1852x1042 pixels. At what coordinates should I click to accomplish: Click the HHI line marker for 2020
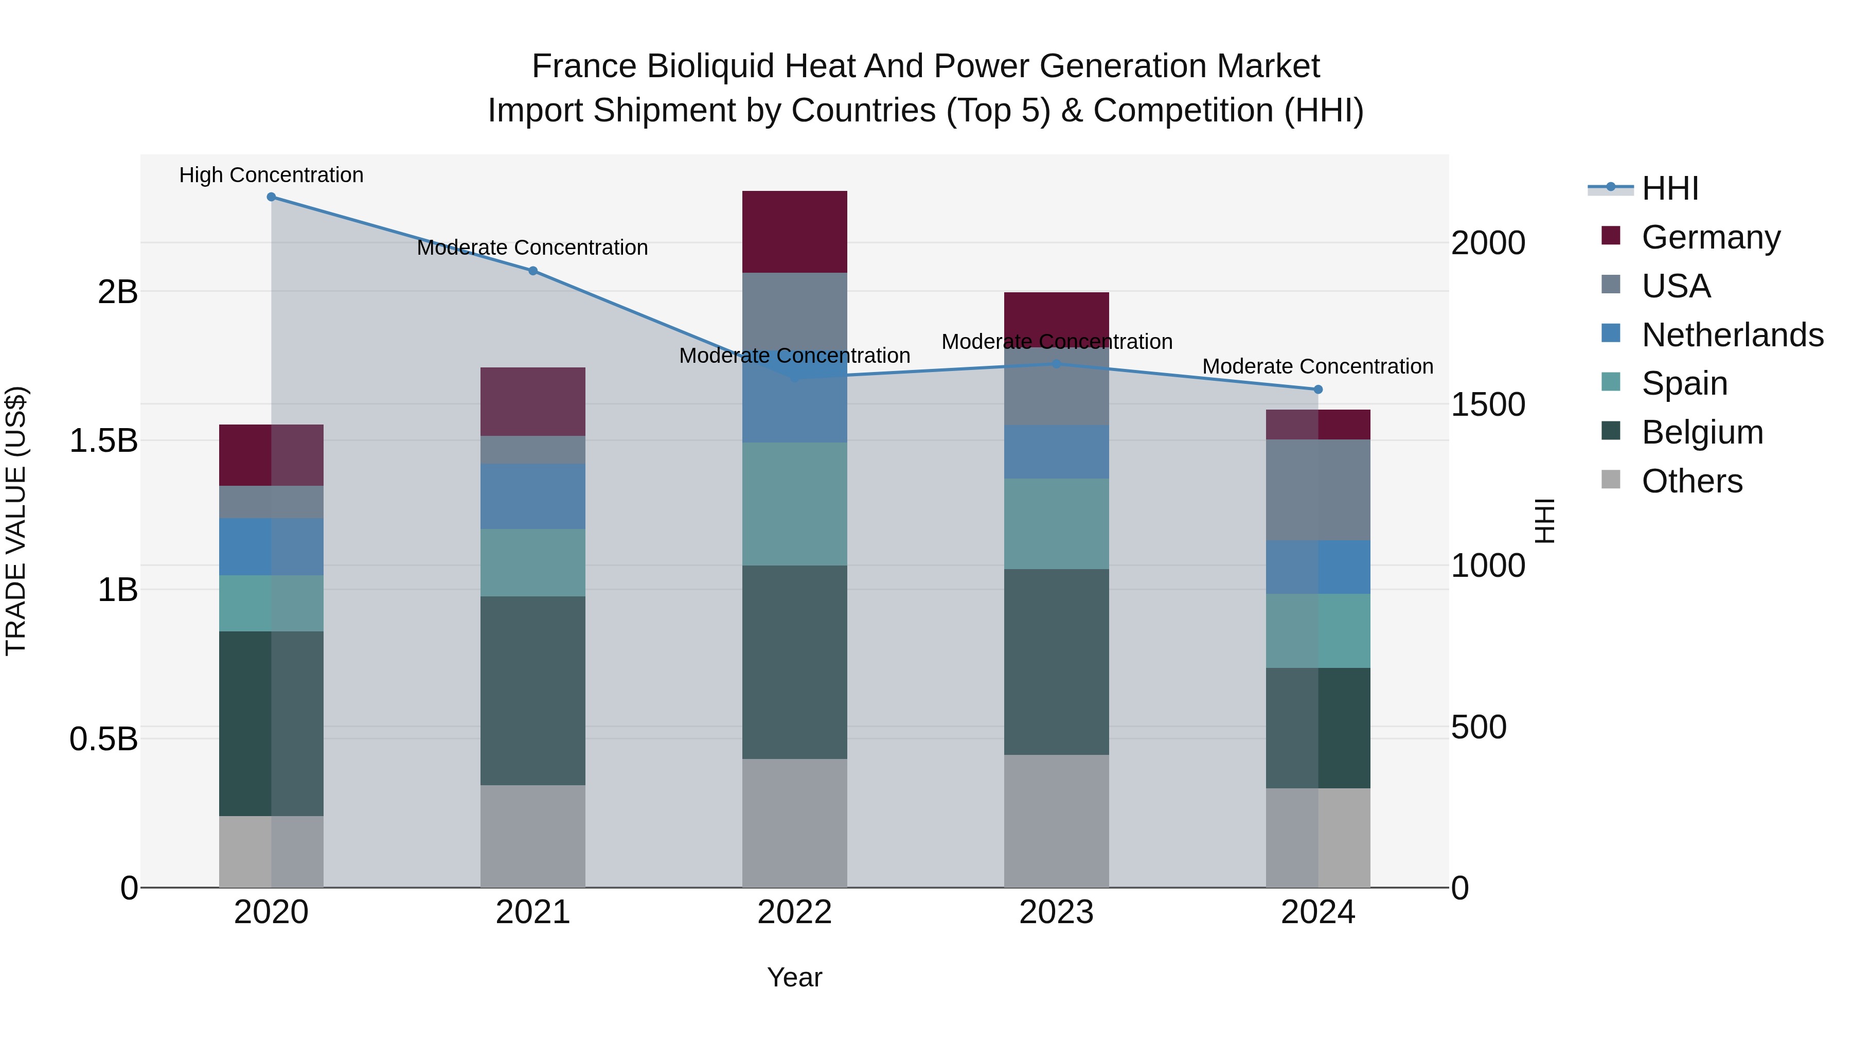coord(271,197)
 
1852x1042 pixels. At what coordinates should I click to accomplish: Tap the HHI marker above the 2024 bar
coord(1318,390)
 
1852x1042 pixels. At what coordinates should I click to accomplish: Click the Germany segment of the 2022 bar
coord(794,232)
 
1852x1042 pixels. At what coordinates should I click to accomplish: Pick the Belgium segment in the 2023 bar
coord(1056,662)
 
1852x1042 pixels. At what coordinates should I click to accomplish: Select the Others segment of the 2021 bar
coord(533,836)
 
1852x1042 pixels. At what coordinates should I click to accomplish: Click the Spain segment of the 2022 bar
coord(794,503)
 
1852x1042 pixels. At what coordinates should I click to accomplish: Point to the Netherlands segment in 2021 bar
coord(533,496)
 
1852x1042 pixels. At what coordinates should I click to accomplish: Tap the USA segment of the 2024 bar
coord(1318,490)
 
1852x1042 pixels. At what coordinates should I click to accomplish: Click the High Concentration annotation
coord(271,175)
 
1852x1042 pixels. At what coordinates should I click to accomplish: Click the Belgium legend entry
coord(1701,432)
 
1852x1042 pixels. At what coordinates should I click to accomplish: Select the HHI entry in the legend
coord(1669,188)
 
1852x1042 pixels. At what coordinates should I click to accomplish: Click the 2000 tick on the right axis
coord(1487,243)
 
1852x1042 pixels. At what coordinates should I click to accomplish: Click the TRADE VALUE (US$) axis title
coord(16,521)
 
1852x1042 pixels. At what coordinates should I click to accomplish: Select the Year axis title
coord(794,977)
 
